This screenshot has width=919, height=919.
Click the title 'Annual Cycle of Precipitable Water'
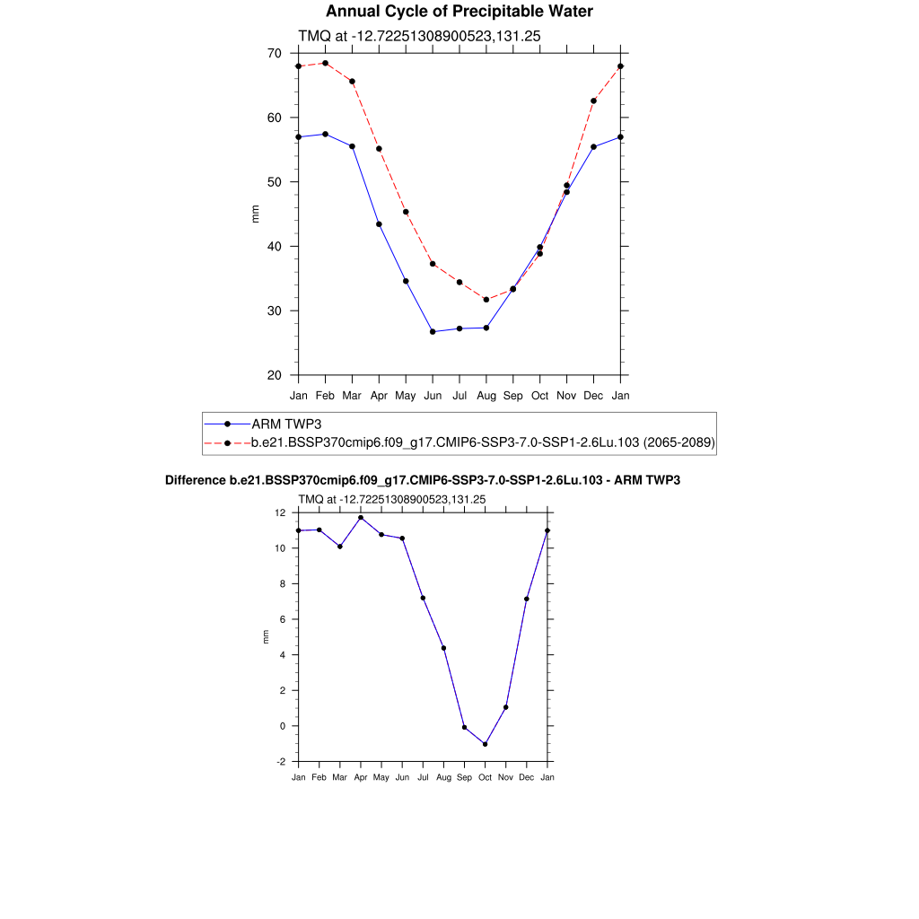pos(459,12)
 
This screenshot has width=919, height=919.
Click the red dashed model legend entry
pos(482,442)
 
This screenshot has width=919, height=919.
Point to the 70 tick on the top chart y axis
pos(274,54)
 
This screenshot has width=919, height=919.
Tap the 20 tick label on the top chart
pos(274,375)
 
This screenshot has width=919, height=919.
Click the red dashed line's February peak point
pos(325,63)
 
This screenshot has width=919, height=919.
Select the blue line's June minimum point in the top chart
pos(433,332)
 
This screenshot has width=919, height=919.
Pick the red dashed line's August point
pos(486,300)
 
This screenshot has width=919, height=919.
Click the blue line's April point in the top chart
pos(379,224)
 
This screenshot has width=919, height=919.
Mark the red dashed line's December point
pos(593,101)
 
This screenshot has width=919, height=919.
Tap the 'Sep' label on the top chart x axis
pos(512,396)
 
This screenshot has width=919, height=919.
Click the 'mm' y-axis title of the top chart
pos(255,214)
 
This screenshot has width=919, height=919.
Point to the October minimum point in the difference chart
pos(486,744)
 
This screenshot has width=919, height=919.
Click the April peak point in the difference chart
pos(361,517)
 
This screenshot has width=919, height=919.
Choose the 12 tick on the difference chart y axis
pos(281,512)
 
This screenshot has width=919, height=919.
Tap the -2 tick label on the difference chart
pos(281,761)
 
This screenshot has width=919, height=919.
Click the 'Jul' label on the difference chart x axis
pos(423,777)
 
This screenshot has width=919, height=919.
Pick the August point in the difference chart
pos(443,648)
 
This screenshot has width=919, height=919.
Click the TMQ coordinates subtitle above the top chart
pos(418,36)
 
